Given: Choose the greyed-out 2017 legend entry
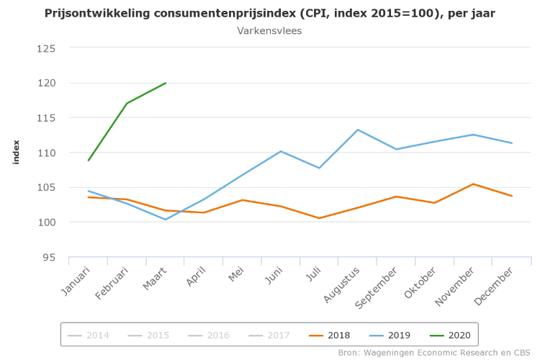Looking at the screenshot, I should (x=269, y=335).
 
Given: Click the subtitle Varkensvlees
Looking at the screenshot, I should (x=269, y=31).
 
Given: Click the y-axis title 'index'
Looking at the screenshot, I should (x=16, y=152).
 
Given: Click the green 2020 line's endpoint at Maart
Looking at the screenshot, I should (x=166, y=83).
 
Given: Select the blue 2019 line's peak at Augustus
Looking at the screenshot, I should (x=358, y=130).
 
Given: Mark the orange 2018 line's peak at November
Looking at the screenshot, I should (x=473, y=184).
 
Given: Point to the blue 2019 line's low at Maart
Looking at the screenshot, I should (x=166, y=220).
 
